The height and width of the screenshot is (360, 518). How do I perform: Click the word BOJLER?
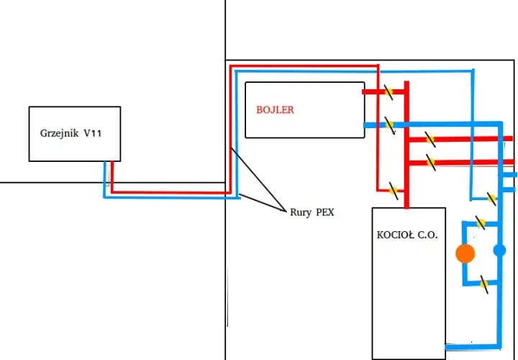pos(275,109)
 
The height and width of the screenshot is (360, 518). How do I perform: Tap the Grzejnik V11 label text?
pos(71,133)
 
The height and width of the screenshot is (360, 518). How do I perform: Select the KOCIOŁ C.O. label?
pos(407,235)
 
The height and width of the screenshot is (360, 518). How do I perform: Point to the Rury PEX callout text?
pos(312,212)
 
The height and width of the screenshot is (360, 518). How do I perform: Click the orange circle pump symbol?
pos(465,253)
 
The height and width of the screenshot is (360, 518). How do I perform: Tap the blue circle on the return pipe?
pos(499,251)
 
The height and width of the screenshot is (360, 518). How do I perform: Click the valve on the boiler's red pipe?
pos(388,92)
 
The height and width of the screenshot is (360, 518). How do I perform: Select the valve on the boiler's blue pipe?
pos(390,125)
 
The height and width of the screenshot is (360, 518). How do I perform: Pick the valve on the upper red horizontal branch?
pos(430,140)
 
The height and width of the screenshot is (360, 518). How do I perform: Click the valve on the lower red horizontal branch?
pos(431,162)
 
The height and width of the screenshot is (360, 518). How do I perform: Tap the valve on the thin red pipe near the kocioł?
pos(393,190)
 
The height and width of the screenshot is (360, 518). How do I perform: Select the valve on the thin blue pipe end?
pos(491,199)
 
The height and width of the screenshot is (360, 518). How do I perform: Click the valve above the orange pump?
pos(481,223)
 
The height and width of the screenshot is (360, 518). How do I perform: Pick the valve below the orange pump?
pos(484,284)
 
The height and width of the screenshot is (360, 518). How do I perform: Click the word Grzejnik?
pos(60,133)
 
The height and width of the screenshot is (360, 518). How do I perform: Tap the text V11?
pos(93,133)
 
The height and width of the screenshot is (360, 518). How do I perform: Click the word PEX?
pos(325,212)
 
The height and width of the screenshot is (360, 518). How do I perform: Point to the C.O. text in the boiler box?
pos(428,235)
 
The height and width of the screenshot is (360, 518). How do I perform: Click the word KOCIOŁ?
pos(395,235)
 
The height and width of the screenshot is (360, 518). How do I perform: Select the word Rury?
pos(301,212)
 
